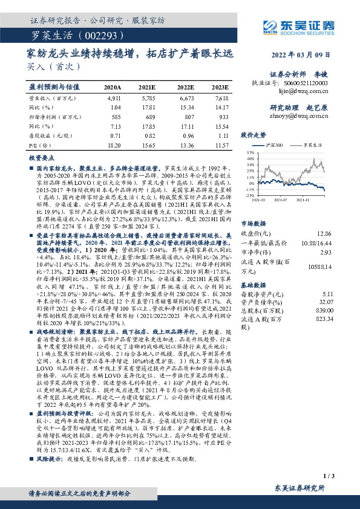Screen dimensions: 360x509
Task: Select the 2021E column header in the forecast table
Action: pyautogui.click(x=146, y=87)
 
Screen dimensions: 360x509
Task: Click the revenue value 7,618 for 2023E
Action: pyautogui.click(x=221, y=97)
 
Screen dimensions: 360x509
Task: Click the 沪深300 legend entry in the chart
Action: pyautogui.click(x=274, y=146)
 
